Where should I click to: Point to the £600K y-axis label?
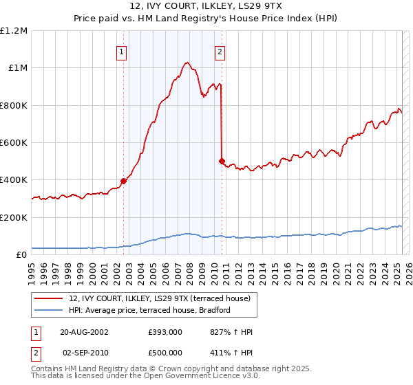(14, 143)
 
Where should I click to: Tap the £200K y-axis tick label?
(14, 217)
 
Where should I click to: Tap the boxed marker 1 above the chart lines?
(121, 51)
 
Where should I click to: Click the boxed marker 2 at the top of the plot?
(220, 51)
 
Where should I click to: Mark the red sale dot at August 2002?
(124, 181)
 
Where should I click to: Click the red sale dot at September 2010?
(222, 162)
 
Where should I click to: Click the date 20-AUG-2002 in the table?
(85, 331)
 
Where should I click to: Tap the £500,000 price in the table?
(165, 353)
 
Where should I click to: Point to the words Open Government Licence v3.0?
(199, 376)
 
